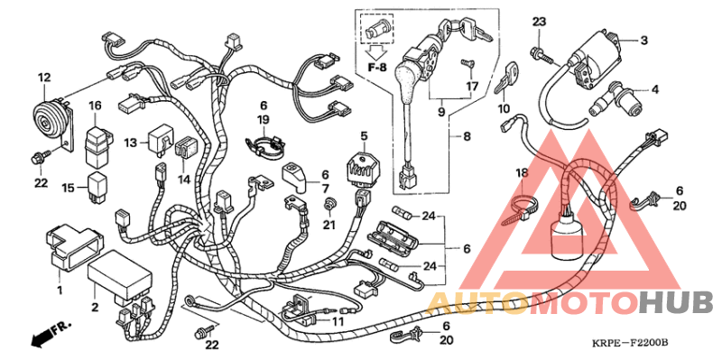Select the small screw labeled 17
pyautogui.click(x=468, y=64)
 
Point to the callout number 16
pyautogui.click(x=95, y=106)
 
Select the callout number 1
pyautogui.click(x=60, y=290)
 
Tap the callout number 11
pyautogui.click(x=338, y=320)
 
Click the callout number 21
pyautogui.click(x=330, y=225)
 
